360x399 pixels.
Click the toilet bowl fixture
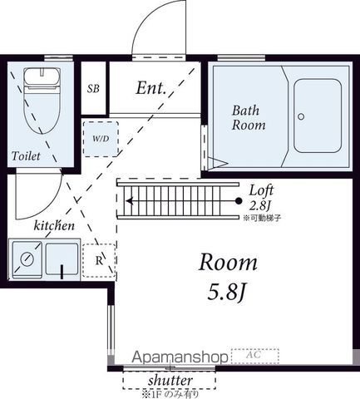pos(42,101)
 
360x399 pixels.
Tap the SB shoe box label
pos(93,89)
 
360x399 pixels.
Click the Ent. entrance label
pos(151,88)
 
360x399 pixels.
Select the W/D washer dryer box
pos(101,139)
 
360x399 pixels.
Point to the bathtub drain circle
pos(301,116)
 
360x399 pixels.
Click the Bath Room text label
pos(249,118)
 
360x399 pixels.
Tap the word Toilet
pos(26,156)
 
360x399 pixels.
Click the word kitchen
pos(54,225)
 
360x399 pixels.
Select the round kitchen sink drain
pos(27,259)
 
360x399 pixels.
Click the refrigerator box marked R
pos(99,260)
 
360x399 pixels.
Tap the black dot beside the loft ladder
pos(239,201)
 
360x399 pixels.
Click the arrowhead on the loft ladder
pos(129,201)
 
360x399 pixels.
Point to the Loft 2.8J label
pos(261,198)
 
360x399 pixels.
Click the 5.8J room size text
pos(227,293)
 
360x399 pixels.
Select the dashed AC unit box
pos(255,356)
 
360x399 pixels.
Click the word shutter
pos(170,381)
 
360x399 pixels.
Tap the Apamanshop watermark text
pos(180,357)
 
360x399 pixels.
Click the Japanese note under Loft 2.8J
pos(262,218)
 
